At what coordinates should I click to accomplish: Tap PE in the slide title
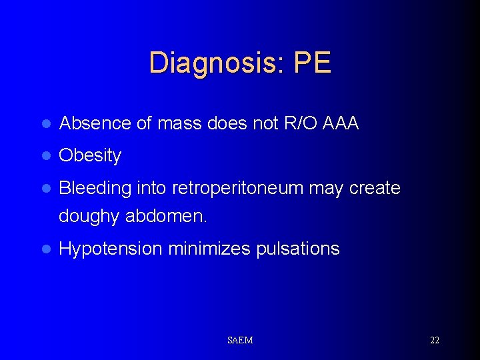point(312,63)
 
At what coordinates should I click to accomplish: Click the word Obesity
point(90,156)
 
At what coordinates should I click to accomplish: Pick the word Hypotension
point(111,249)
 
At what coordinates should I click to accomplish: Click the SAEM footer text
point(240,340)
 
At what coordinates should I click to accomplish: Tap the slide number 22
point(435,340)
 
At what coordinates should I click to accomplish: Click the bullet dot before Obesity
point(45,157)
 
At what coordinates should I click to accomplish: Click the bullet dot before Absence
point(45,124)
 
